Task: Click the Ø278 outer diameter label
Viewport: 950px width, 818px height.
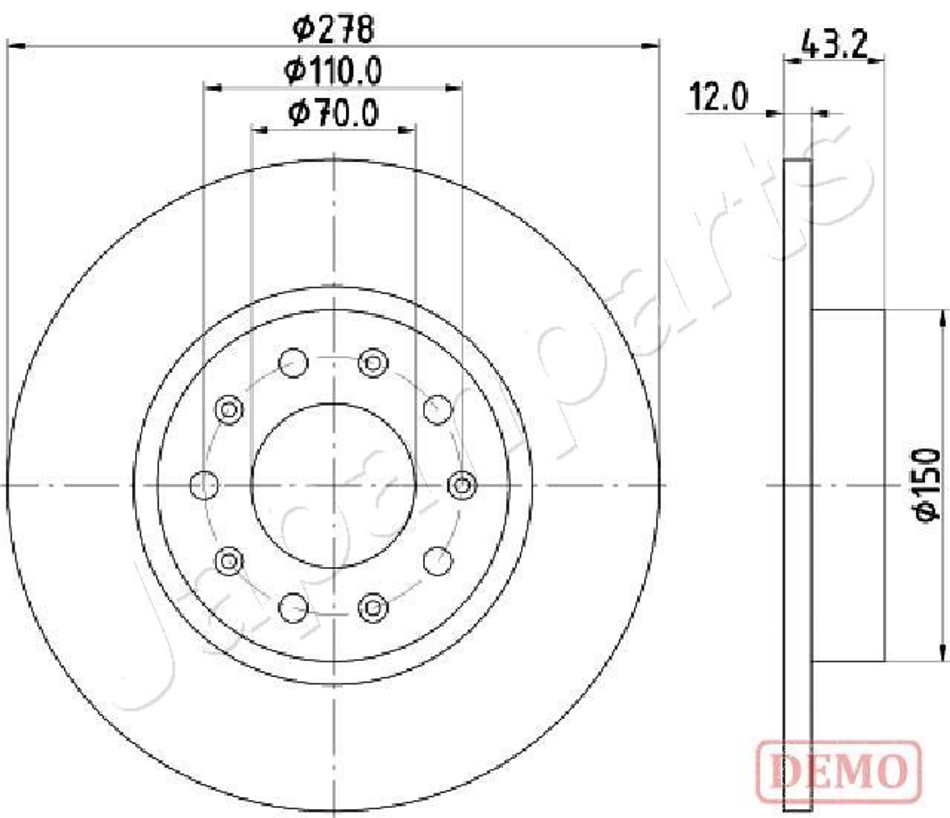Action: point(333,29)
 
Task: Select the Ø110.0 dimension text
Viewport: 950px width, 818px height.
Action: point(333,71)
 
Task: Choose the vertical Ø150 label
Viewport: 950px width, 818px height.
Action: point(927,485)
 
